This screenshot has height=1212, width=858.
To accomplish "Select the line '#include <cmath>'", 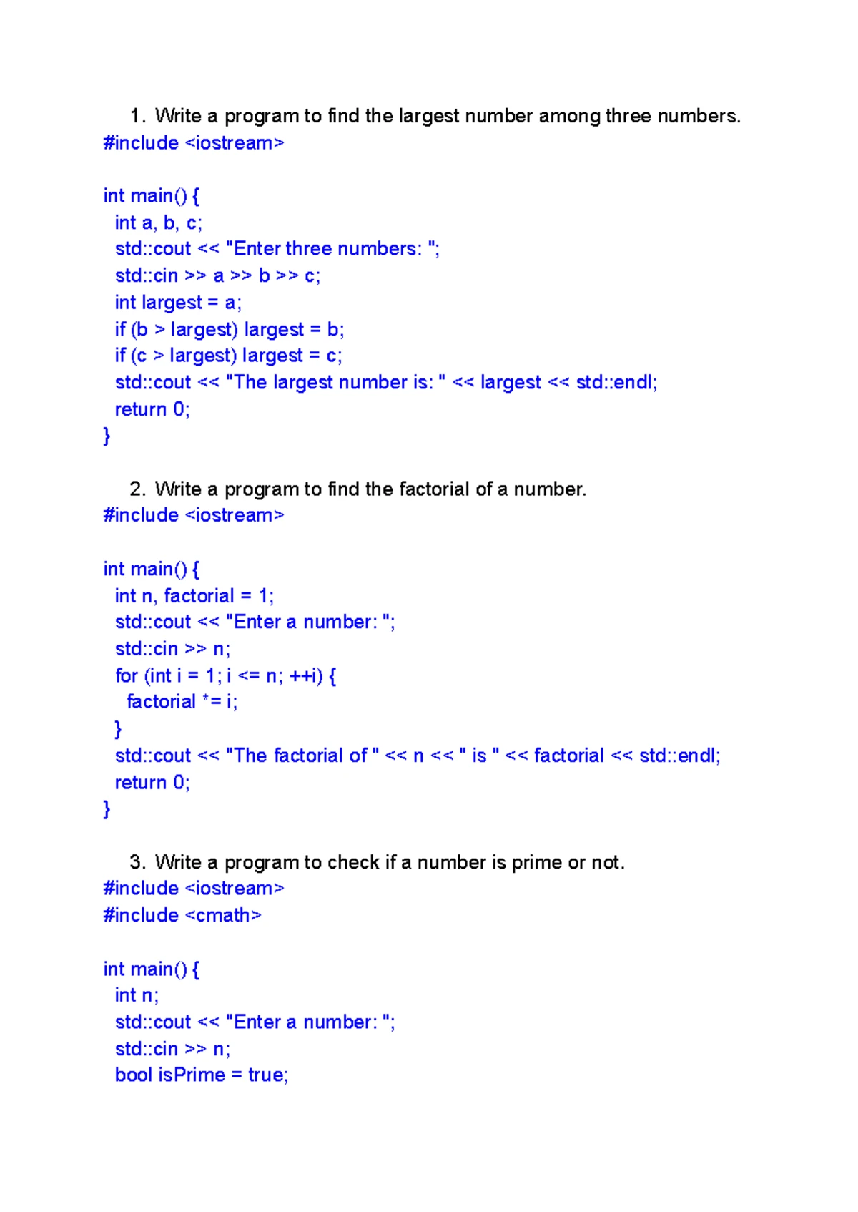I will pos(182,915).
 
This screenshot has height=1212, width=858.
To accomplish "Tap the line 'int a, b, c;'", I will pos(159,223).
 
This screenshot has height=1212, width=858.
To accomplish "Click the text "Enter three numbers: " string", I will pos(332,249).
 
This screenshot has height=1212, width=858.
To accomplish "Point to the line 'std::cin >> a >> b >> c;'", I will pos(217,276).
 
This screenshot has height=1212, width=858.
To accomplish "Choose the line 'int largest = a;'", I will pos(178,303).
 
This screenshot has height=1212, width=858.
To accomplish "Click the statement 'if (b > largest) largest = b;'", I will pos(230,330).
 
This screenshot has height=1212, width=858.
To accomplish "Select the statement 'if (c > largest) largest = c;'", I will pos(228,356).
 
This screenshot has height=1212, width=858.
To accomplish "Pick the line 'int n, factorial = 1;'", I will pos(194,596).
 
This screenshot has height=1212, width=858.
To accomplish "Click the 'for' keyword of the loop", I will pos(127,676).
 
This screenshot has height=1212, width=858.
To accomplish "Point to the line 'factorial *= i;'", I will pos(182,702).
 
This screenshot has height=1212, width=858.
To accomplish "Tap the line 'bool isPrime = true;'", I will pos(202,1075).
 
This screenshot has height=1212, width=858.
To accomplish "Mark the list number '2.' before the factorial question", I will pos(138,489).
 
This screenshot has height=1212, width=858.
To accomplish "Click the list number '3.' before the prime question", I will pos(138,863).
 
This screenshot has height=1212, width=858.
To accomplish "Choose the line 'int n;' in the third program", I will pos(137,996).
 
